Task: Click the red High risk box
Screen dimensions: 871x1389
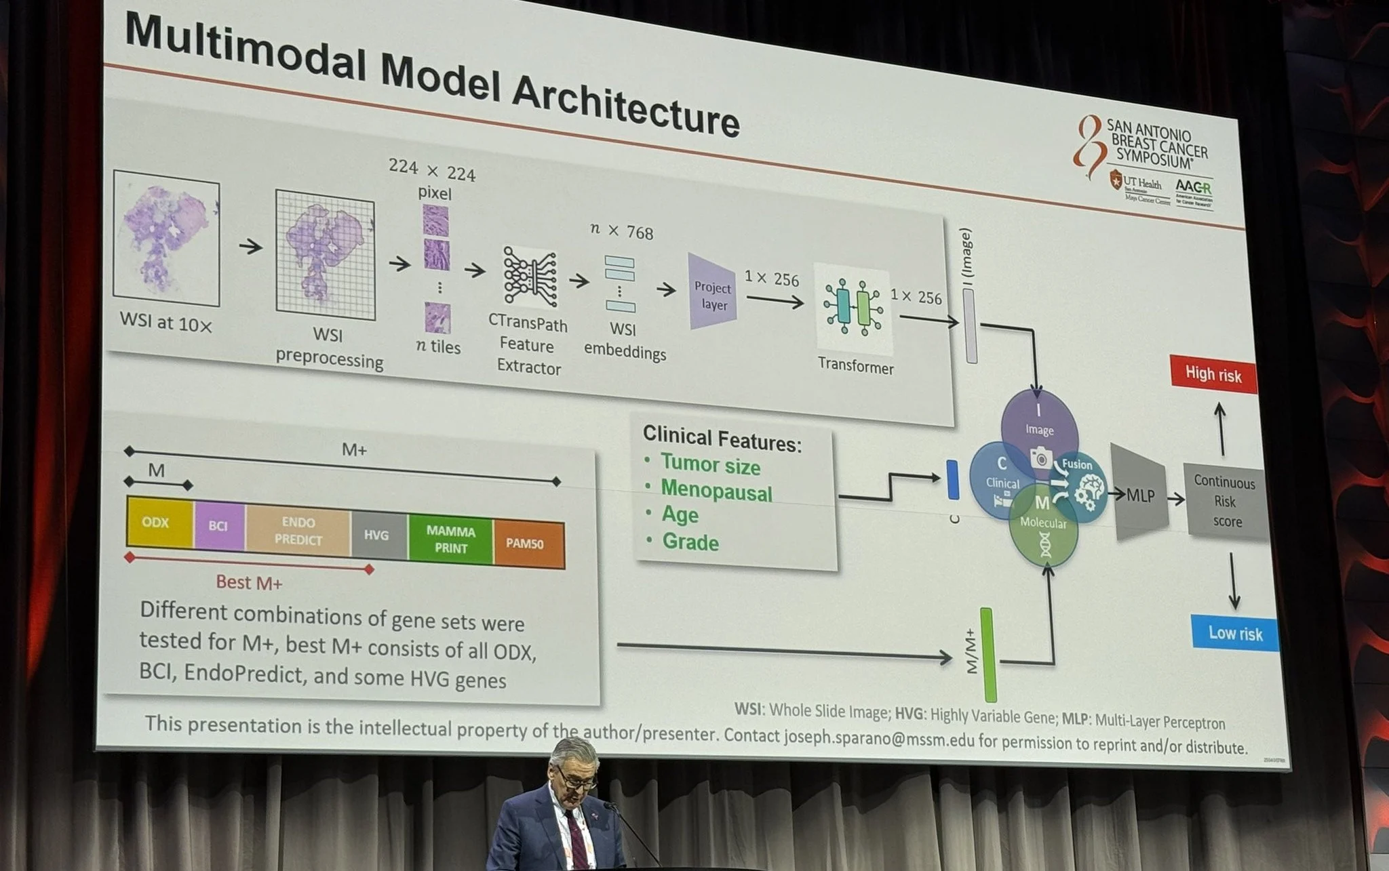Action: point(1213,374)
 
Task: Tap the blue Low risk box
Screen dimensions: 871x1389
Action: point(1235,633)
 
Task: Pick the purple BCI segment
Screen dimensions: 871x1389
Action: point(218,526)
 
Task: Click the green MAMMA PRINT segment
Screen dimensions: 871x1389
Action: point(450,540)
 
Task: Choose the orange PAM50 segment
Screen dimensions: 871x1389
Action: point(528,544)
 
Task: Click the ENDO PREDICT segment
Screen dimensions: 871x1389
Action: point(298,531)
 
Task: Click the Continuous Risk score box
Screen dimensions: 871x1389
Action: point(1225,502)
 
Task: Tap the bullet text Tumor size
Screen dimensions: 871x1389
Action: point(710,466)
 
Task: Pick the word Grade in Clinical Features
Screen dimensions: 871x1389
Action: point(690,542)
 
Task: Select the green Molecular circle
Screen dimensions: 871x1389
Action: point(1043,531)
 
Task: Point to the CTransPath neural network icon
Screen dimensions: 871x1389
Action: point(530,277)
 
